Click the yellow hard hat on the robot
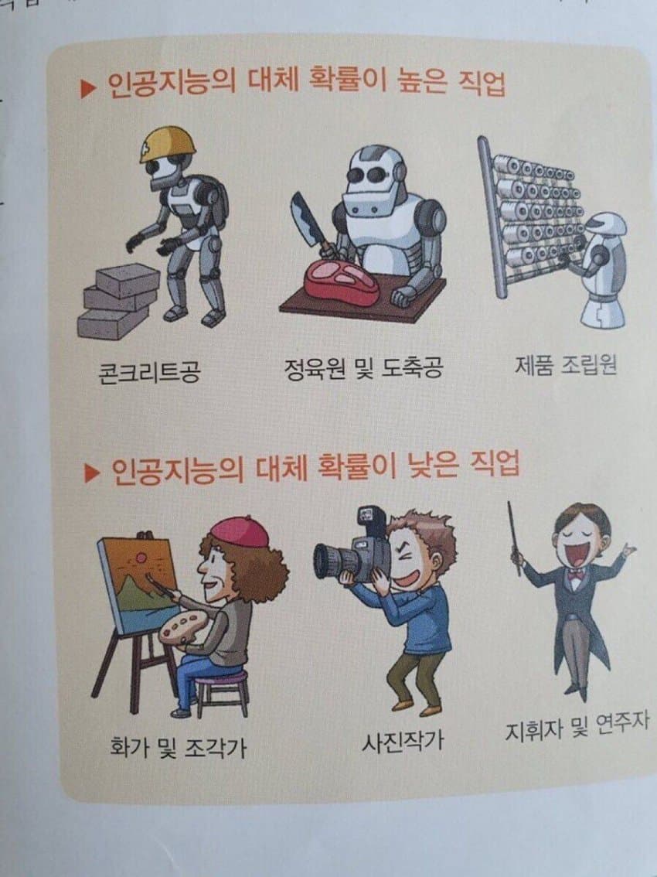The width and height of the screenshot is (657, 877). point(166,144)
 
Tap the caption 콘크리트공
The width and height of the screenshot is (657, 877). point(148,373)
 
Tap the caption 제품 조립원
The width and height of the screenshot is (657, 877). point(566,364)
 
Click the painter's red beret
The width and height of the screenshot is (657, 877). point(239,531)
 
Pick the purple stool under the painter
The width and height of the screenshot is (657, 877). point(222,688)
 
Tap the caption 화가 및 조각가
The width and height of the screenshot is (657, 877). point(179,748)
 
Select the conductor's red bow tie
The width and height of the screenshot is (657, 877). point(574,575)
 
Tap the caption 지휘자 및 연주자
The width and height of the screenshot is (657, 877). point(577,728)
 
